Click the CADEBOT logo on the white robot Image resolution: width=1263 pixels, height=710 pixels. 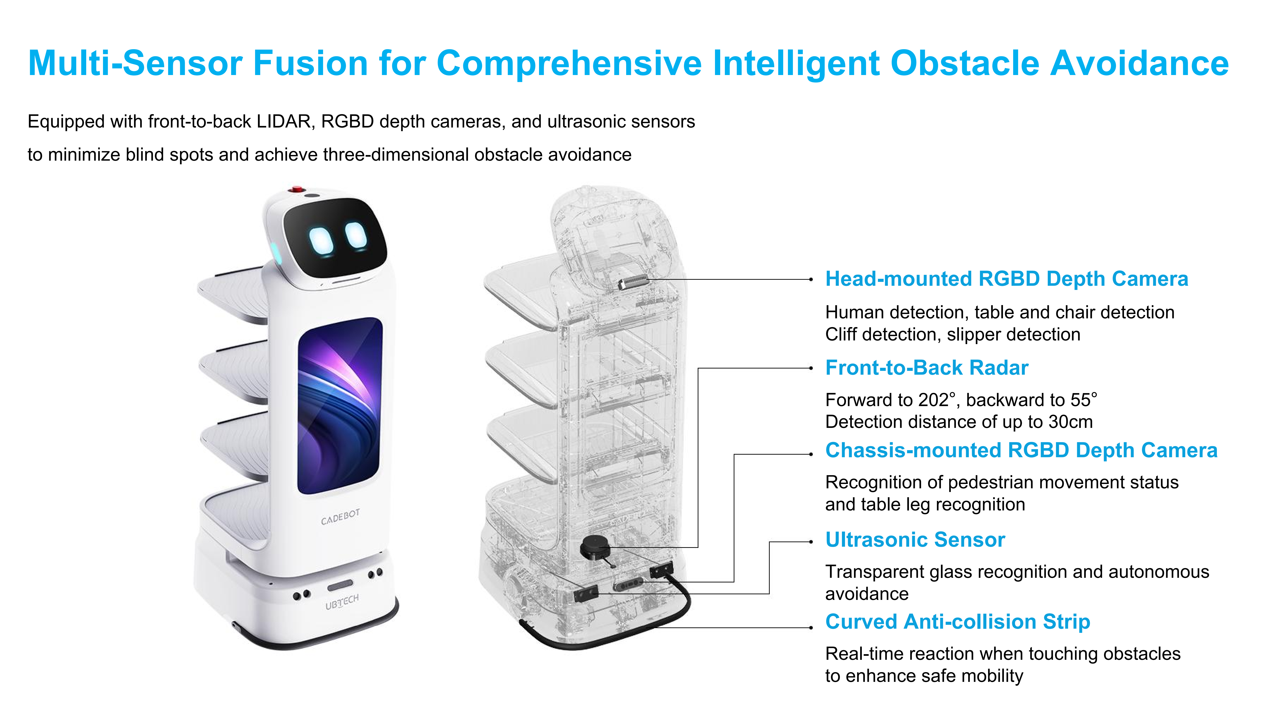340,516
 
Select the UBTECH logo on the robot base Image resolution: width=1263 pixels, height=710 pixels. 342,602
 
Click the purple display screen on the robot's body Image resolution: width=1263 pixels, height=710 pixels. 339,406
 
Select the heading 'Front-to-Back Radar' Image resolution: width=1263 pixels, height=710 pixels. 927,368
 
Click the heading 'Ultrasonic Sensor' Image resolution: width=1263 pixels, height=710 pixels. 915,540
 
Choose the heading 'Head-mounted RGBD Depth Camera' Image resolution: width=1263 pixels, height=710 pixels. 1007,279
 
